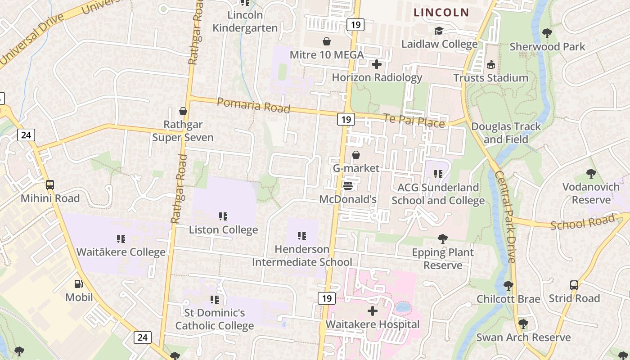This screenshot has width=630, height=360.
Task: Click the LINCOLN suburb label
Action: pyautogui.click(x=441, y=13)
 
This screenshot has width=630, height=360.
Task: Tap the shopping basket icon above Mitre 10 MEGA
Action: pyautogui.click(x=327, y=42)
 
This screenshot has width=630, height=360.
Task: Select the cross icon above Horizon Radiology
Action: pyautogui.click(x=377, y=65)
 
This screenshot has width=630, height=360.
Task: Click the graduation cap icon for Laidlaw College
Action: pyautogui.click(x=439, y=31)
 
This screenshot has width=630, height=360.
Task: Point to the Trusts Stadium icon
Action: pyautogui.click(x=490, y=65)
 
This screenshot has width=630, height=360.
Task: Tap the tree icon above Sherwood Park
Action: pyautogui.click(x=547, y=33)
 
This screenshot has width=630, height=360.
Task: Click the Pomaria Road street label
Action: pyautogui.click(x=253, y=105)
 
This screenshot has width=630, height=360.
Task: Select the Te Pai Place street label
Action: pyautogui.click(x=414, y=121)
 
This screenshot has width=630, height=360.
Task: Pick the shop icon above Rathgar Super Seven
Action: pyautogui.click(x=183, y=111)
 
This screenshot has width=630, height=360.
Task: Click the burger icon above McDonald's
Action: pyautogui.click(x=348, y=185)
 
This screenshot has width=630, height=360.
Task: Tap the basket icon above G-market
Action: pyautogui.click(x=356, y=155)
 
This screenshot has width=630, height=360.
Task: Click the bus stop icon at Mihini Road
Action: pyautogui.click(x=50, y=184)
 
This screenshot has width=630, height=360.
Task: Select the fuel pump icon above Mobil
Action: pyautogui.click(x=79, y=284)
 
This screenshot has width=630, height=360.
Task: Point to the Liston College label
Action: pyautogui.click(x=223, y=229)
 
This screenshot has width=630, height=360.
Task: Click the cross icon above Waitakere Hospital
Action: pyautogui.click(x=373, y=311)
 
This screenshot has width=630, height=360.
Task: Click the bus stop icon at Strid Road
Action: pyautogui.click(x=574, y=285)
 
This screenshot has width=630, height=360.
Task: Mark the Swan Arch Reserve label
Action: pyautogui.click(x=523, y=337)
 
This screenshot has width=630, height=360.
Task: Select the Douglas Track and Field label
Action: pyautogui.click(x=506, y=133)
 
